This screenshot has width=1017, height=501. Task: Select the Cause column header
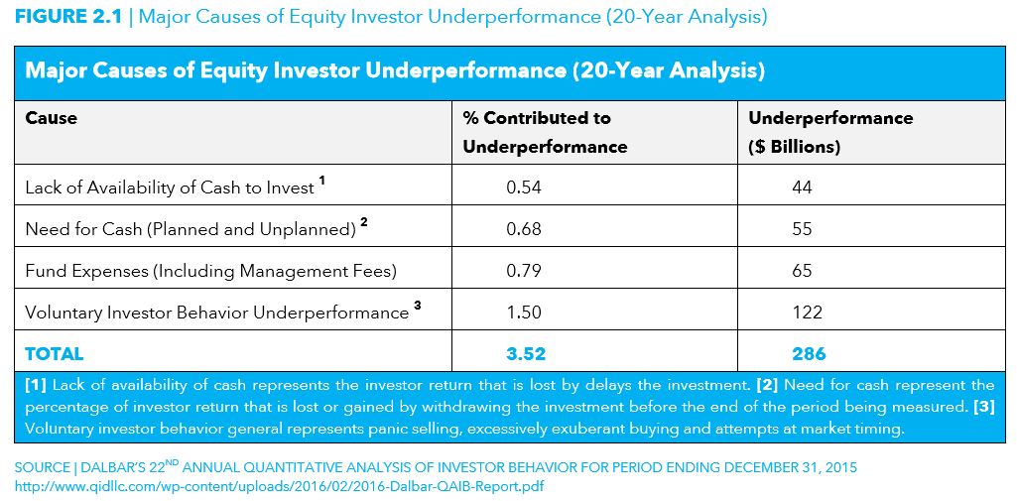pyautogui.click(x=52, y=118)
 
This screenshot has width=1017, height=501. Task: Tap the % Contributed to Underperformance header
pyautogui.click(x=545, y=132)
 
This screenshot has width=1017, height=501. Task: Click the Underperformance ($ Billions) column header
pyautogui.click(x=830, y=132)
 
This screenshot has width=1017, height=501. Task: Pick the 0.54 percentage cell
pyautogui.click(x=524, y=188)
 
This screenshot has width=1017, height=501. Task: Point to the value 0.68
pyautogui.click(x=524, y=229)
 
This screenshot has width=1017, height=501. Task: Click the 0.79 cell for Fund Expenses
pyautogui.click(x=524, y=270)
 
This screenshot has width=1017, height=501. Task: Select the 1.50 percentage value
pyautogui.click(x=524, y=313)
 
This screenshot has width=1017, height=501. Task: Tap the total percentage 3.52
pyautogui.click(x=525, y=354)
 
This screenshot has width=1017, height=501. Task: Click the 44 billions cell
pyautogui.click(x=803, y=188)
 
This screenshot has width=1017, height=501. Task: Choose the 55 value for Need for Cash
pyautogui.click(x=803, y=229)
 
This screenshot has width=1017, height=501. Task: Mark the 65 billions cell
pyautogui.click(x=803, y=270)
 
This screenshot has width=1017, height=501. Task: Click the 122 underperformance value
pyautogui.click(x=808, y=313)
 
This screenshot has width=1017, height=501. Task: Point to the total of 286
pyautogui.click(x=809, y=354)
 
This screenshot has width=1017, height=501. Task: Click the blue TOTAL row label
pyautogui.click(x=54, y=354)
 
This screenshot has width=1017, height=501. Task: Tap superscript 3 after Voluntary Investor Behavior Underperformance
pyautogui.click(x=417, y=308)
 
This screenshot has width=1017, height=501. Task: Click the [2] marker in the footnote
pyautogui.click(x=768, y=385)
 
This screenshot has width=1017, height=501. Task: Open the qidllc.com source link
pyautogui.click(x=278, y=486)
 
